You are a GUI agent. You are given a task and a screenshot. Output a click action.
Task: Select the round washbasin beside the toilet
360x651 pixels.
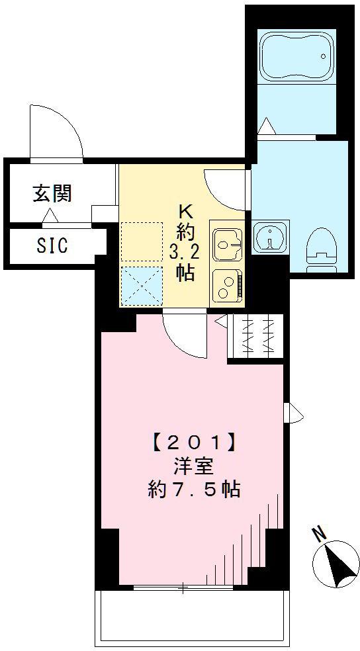click(x=270, y=237)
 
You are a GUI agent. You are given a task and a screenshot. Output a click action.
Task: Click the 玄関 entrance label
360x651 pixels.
click(x=52, y=194)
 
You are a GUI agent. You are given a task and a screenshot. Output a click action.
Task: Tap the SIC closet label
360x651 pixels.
click(x=52, y=246)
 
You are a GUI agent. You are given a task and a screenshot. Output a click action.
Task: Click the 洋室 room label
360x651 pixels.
click(x=193, y=465)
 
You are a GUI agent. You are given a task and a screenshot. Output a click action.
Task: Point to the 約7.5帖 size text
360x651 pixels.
click(x=193, y=490)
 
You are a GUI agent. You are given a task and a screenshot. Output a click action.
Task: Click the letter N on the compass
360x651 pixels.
click(x=320, y=533)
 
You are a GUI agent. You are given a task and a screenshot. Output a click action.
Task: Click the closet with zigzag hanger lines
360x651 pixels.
click(x=255, y=337)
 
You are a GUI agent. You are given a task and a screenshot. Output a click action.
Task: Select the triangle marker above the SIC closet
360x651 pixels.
click(x=50, y=216)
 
